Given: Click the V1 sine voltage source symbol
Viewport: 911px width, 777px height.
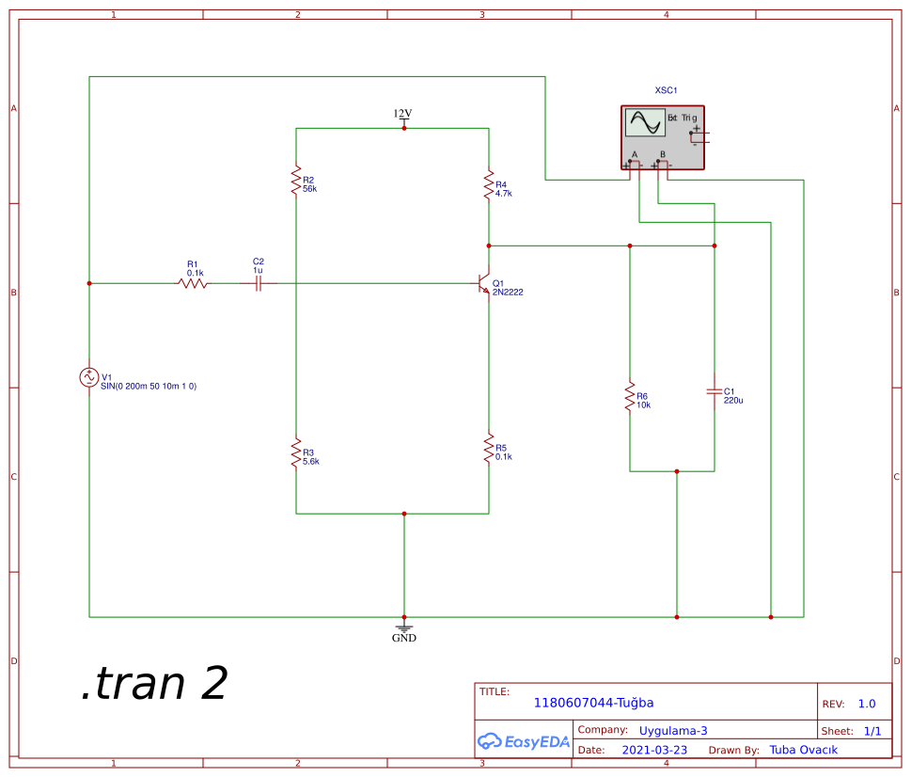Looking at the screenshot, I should pyautogui.click(x=89, y=377).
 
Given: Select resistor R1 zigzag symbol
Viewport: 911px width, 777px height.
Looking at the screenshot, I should pyautogui.click(x=193, y=282).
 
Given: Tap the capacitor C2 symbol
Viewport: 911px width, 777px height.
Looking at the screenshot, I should pyautogui.click(x=259, y=282).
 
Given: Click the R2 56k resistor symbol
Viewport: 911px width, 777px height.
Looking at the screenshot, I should pyautogui.click(x=296, y=179).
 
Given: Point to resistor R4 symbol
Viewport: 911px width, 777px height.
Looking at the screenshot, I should pyautogui.click(x=489, y=184).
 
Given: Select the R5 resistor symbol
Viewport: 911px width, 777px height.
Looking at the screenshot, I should pyautogui.click(x=489, y=448).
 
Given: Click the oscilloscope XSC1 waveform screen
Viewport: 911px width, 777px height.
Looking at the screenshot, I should pyautogui.click(x=645, y=123).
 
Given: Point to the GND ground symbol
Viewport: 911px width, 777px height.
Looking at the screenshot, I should pyautogui.click(x=404, y=628).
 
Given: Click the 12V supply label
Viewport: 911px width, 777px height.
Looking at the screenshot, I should pyautogui.click(x=402, y=114).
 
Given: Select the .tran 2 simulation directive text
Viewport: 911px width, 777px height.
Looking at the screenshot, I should pyautogui.click(x=154, y=684).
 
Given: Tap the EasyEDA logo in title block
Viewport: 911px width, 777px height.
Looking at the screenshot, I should pyautogui.click(x=524, y=741).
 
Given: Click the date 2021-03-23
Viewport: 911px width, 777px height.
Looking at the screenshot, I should pyautogui.click(x=654, y=750).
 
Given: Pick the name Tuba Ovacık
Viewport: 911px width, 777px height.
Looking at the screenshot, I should pyautogui.click(x=803, y=750).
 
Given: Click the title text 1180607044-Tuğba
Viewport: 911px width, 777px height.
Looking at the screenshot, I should pyautogui.click(x=593, y=703).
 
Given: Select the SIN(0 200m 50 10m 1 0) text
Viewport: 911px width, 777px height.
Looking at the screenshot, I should pyautogui.click(x=149, y=387).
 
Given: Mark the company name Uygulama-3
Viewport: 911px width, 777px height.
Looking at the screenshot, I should pyautogui.click(x=673, y=730).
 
